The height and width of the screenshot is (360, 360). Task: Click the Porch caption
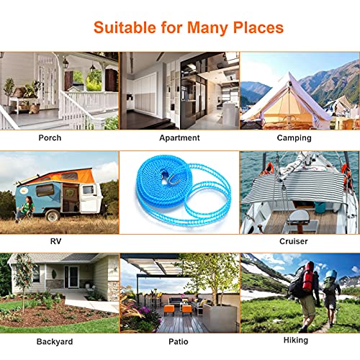pyautogui.click(x=50, y=138)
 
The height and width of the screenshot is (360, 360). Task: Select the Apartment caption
pyautogui.click(x=179, y=138)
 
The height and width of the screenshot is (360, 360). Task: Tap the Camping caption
pyautogui.click(x=294, y=138)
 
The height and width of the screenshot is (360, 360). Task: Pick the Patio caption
pyautogui.click(x=179, y=340)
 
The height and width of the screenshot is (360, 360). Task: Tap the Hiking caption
pyautogui.click(x=295, y=340)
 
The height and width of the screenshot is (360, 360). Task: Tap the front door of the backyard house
pyautogui.click(x=72, y=276)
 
